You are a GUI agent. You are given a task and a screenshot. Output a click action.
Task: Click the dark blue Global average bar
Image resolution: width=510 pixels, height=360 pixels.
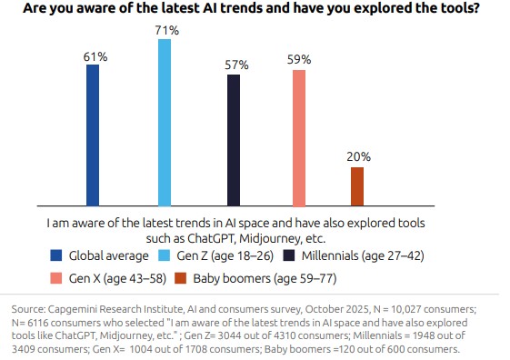pyautogui.click(x=92, y=135)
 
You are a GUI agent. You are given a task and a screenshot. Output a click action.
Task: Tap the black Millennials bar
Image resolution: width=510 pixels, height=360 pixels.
pyautogui.click(x=234, y=140)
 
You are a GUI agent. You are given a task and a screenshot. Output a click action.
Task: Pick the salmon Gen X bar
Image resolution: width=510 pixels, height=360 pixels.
pyautogui.click(x=299, y=137)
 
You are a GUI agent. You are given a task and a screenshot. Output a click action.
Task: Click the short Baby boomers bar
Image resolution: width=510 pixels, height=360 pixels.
pyautogui.click(x=356, y=186)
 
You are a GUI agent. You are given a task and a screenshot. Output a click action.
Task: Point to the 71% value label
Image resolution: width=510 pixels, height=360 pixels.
pyautogui.click(x=165, y=30)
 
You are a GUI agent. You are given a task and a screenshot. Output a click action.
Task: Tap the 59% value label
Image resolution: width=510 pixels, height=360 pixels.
pyautogui.click(x=299, y=60)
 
